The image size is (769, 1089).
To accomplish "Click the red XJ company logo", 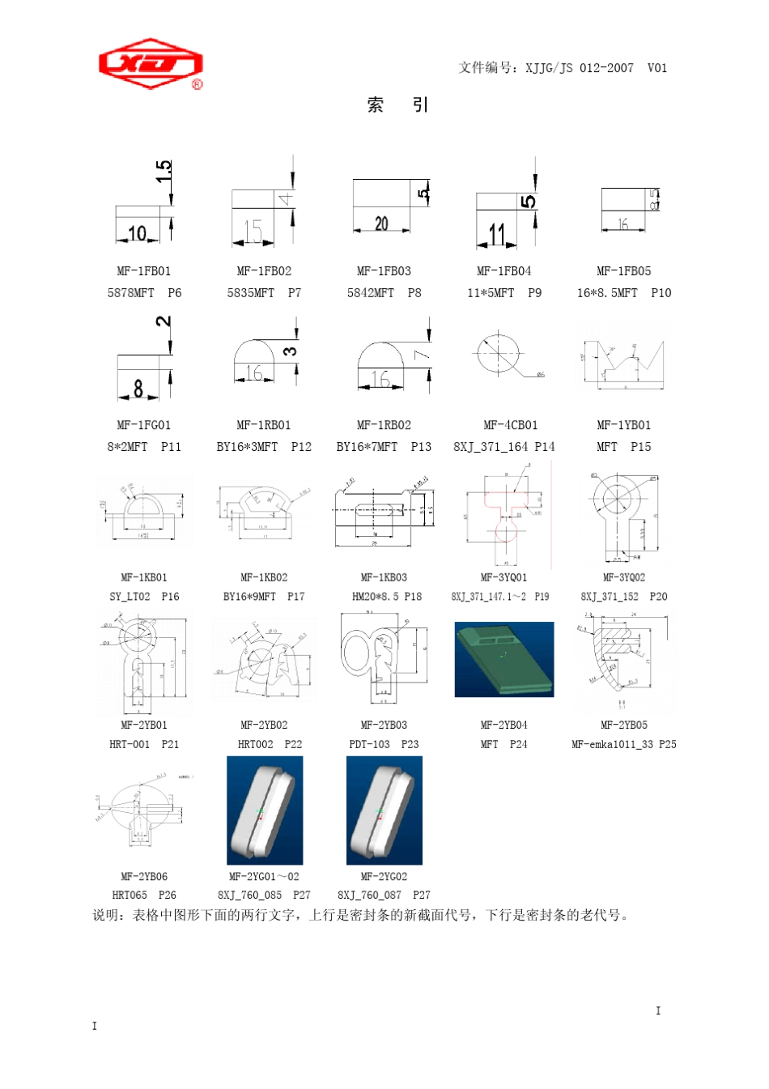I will (151, 64).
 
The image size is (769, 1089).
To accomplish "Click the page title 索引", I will (397, 104).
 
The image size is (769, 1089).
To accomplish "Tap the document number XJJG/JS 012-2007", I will (580, 68).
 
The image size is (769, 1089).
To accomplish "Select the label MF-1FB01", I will (143, 271).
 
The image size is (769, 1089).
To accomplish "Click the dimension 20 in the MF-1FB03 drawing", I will (381, 223).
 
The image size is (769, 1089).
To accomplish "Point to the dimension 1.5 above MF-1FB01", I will (164, 171).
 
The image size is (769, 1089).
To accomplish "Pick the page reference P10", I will (661, 293).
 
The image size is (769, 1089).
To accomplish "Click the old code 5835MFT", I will (250, 293).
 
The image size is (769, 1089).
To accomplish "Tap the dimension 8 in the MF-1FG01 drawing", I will (138, 389).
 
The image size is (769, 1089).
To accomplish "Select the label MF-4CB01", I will (510, 425).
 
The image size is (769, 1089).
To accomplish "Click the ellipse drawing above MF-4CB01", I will (499, 351).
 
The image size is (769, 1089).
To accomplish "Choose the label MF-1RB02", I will (384, 425).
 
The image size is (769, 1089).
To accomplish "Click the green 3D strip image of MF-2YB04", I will (504, 659).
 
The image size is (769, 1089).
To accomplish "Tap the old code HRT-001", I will (130, 744).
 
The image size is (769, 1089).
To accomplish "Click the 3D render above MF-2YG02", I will (384, 810).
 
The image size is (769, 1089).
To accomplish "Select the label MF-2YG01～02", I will (264, 876).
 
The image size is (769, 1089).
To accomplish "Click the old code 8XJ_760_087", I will (369, 895).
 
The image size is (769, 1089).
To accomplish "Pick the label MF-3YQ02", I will (624, 577).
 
